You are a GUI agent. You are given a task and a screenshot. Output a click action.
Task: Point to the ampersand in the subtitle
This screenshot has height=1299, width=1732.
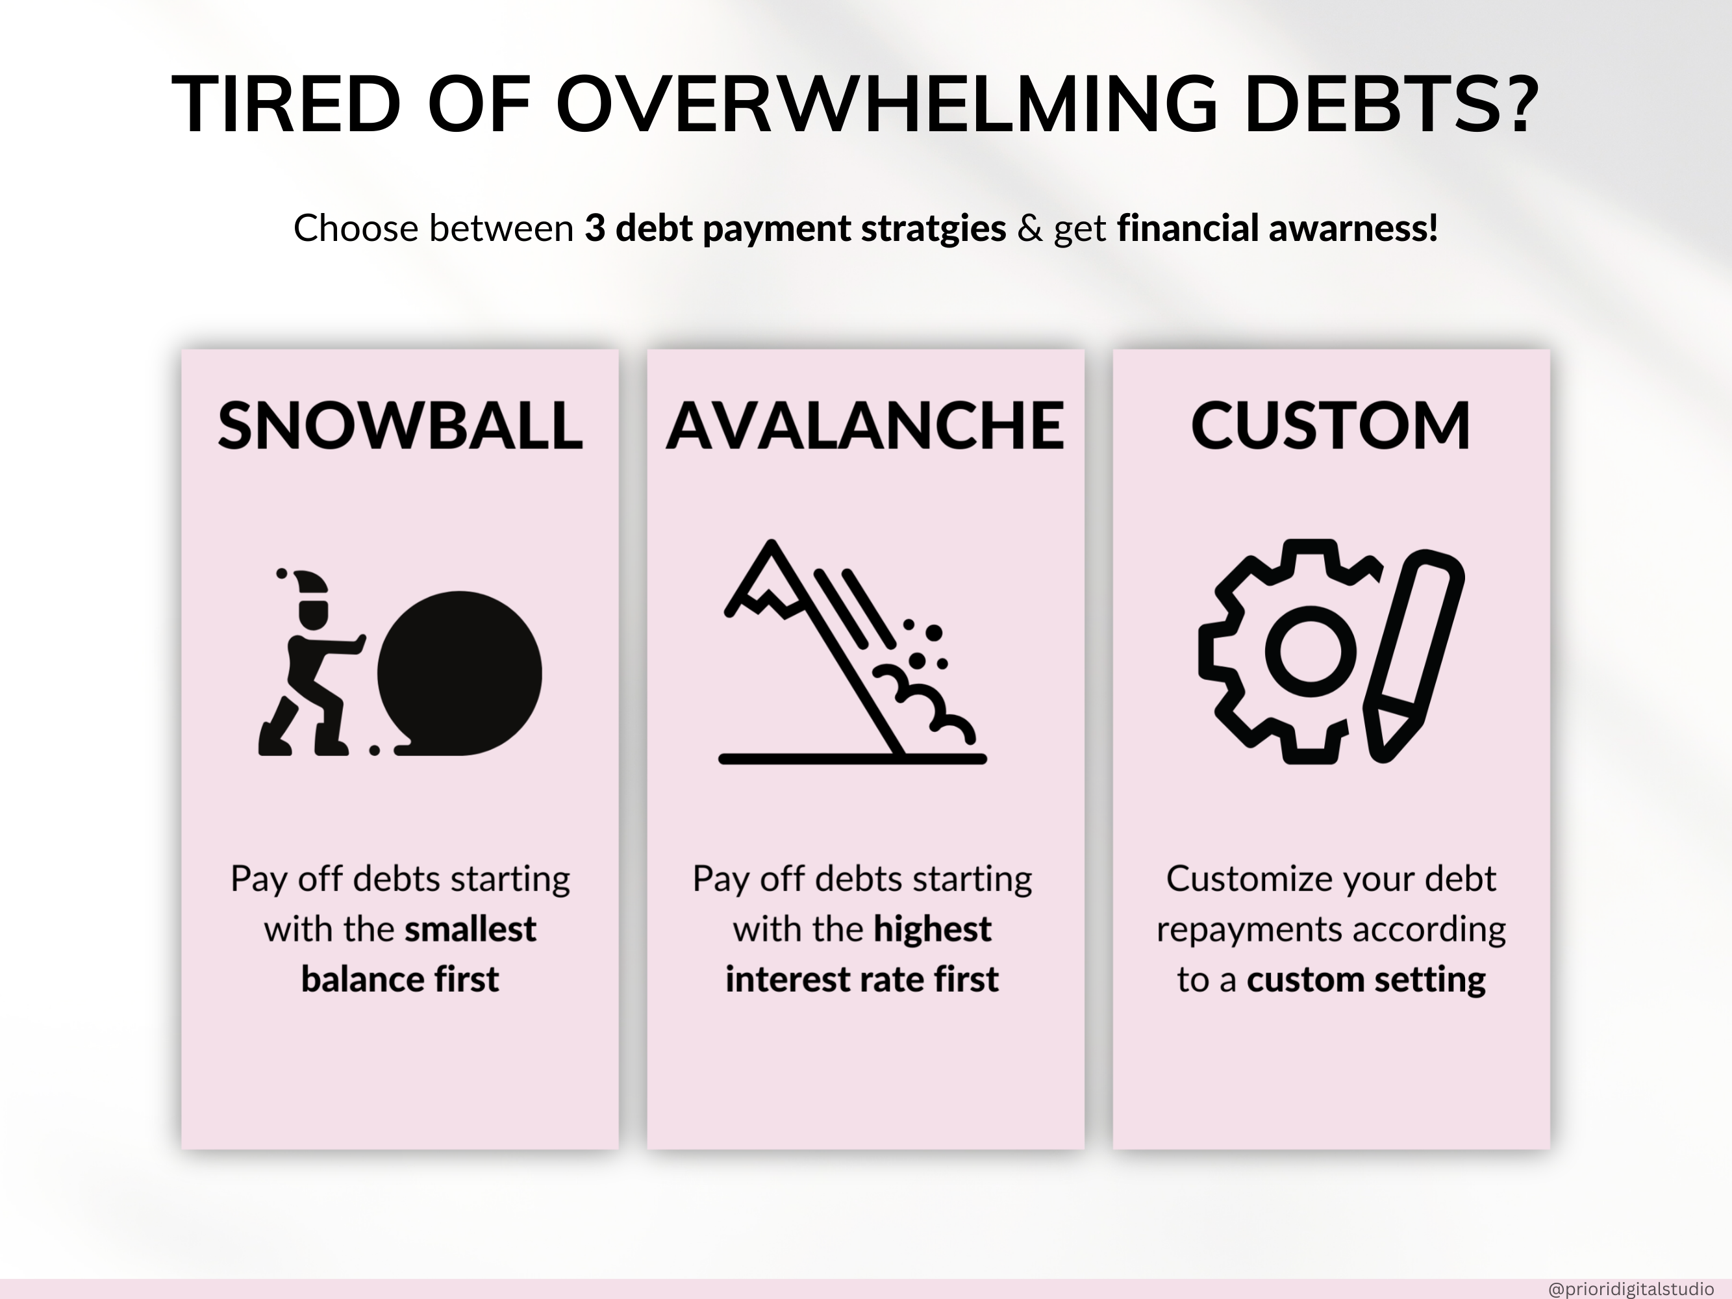[1029, 229]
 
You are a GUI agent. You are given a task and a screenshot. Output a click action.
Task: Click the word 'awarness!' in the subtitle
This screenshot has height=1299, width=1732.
[1353, 228]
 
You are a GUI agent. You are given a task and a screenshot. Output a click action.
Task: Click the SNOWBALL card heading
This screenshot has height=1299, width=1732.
[400, 426]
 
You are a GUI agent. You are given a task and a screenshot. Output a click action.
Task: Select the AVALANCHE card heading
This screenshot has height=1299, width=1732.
[864, 426]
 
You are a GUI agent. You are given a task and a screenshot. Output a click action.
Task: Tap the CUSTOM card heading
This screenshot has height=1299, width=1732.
[1330, 426]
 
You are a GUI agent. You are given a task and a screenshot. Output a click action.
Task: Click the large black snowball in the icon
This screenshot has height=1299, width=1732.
[460, 674]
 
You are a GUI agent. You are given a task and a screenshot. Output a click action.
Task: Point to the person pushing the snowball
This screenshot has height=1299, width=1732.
[311, 662]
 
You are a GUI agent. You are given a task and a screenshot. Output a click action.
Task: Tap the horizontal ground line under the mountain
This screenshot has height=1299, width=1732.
[853, 758]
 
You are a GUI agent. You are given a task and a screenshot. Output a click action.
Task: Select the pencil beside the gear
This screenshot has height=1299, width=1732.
[1414, 655]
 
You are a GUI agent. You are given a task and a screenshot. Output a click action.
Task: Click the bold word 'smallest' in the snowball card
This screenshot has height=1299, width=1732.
[470, 929]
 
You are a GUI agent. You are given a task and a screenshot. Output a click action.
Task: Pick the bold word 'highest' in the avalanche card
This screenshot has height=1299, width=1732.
[933, 929]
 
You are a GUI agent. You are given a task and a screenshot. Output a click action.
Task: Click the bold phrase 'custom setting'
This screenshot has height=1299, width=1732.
[1366, 979]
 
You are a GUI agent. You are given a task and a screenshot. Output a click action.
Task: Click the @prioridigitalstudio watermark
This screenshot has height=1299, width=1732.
[1631, 1289]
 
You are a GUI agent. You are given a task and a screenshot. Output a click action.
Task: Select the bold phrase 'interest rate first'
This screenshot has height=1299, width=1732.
[862, 979]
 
